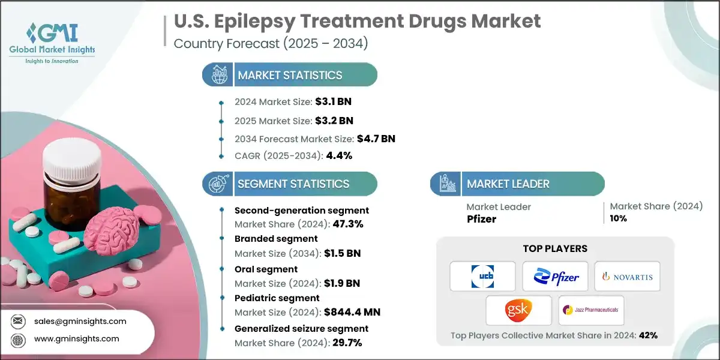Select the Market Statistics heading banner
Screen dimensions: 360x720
[290, 75]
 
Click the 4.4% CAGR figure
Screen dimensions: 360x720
[338, 156]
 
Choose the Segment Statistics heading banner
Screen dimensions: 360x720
[290, 184]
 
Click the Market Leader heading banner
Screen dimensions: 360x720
[517, 184]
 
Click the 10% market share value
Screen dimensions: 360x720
[619, 218]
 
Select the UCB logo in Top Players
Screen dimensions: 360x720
[483, 277]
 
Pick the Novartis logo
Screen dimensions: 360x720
[627, 277]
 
